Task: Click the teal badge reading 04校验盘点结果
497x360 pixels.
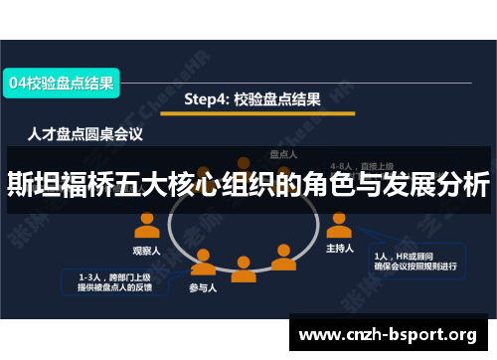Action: click(x=62, y=85)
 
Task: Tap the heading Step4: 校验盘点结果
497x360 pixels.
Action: click(x=252, y=99)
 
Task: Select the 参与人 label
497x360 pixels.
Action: click(x=205, y=288)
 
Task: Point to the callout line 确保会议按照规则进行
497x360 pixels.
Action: click(x=415, y=266)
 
